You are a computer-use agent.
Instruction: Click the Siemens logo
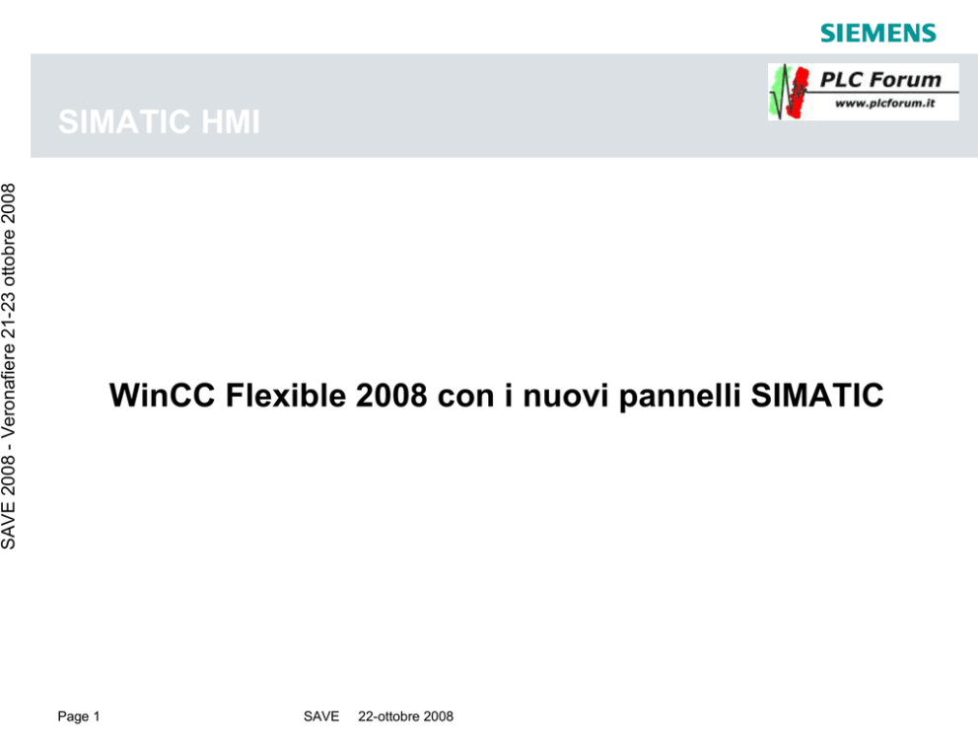[x=878, y=33]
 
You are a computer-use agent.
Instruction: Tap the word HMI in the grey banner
[x=230, y=121]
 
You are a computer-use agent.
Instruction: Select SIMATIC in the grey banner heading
[x=124, y=121]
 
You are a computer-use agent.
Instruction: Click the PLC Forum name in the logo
[x=880, y=79]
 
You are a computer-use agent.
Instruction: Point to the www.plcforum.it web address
[x=884, y=103]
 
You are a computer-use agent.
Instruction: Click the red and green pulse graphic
[x=789, y=92]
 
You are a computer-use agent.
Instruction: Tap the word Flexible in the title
[x=286, y=395]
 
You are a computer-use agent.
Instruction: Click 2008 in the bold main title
[x=391, y=395]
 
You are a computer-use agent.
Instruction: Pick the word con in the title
[x=466, y=399]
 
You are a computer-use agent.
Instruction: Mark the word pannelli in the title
[x=680, y=397]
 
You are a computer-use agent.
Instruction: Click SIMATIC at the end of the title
[x=817, y=395]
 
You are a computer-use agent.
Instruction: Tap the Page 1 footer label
[x=79, y=716]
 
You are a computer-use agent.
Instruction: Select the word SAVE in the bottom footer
[x=321, y=716]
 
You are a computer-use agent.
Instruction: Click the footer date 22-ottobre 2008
[x=405, y=716]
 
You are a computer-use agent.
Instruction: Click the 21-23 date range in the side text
[x=9, y=314]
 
